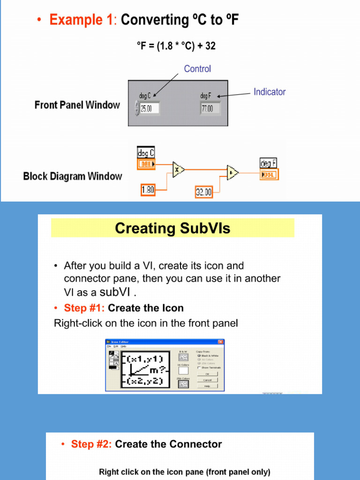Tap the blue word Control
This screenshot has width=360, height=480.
click(x=197, y=69)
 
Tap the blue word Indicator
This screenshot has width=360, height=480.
click(x=270, y=92)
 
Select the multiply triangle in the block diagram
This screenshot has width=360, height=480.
click(x=178, y=169)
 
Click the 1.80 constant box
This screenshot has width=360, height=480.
click(x=148, y=190)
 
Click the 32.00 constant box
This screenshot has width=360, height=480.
click(x=204, y=192)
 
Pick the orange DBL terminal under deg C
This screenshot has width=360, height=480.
click(x=146, y=164)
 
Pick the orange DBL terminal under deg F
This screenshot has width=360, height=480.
click(x=269, y=174)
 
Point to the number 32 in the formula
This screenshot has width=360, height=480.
click(x=210, y=46)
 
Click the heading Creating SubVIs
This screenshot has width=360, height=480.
click(x=172, y=228)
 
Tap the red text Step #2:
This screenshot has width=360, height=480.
click(x=91, y=444)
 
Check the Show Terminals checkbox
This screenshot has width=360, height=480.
click(x=199, y=368)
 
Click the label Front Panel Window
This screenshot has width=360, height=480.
click(x=77, y=105)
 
